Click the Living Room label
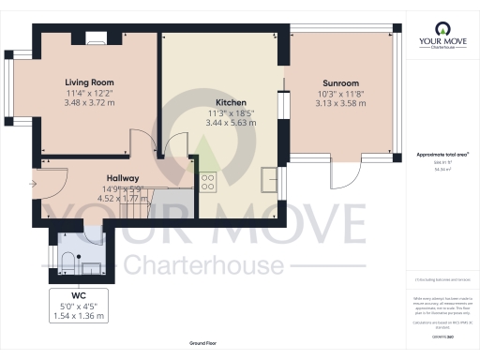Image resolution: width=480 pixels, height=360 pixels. pyautogui.click(x=89, y=82)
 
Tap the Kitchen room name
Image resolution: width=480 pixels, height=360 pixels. pyautogui.click(x=231, y=102)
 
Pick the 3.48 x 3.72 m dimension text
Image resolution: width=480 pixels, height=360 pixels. pyautogui.click(x=89, y=102)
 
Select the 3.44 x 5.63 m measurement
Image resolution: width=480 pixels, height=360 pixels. pyautogui.click(x=231, y=123)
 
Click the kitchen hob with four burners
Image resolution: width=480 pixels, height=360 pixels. pyautogui.click(x=207, y=181)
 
